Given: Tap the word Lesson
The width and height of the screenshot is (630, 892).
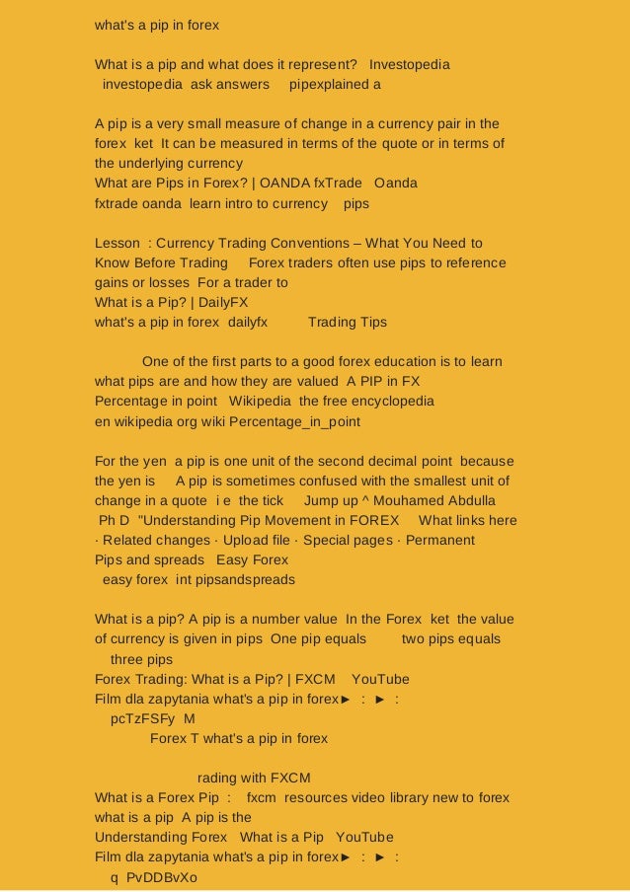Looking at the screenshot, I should tap(117, 243).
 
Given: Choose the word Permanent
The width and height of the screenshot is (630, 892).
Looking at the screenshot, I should tap(440, 540).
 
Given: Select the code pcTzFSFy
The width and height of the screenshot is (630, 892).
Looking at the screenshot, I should tap(143, 718).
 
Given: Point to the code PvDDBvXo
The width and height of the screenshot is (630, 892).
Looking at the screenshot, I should tap(162, 877).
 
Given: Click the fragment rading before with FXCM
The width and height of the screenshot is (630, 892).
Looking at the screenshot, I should tap(218, 778).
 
